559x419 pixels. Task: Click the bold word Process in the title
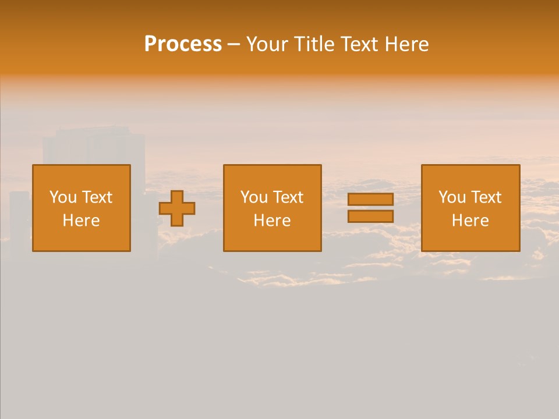pyautogui.click(x=183, y=44)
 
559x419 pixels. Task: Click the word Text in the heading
pyautogui.click(x=359, y=44)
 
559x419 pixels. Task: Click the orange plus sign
pyautogui.click(x=177, y=208)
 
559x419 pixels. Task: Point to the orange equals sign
pyautogui.click(x=370, y=208)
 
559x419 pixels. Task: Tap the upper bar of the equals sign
pyautogui.click(x=370, y=200)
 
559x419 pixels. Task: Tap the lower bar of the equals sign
pyautogui.click(x=370, y=216)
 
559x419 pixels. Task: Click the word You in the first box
pyautogui.click(x=63, y=197)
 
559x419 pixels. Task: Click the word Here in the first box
pyautogui.click(x=82, y=221)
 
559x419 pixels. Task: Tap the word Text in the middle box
pyautogui.click(x=288, y=197)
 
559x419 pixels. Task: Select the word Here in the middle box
pyautogui.click(x=272, y=221)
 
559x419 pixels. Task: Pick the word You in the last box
pyautogui.click(x=452, y=197)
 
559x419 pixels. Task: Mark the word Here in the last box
pyautogui.click(x=470, y=221)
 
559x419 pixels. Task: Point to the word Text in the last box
pyautogui.click(x=486, y=197)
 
